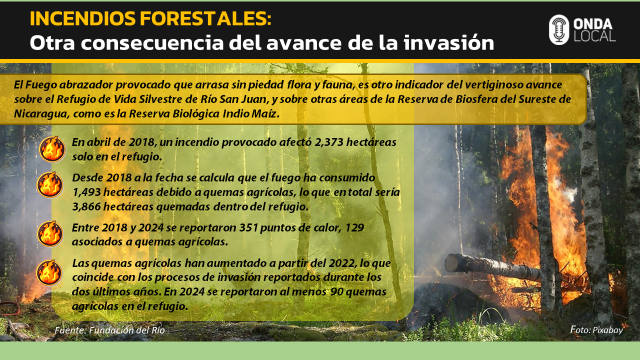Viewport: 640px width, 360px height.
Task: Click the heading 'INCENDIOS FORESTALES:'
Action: (150, 18)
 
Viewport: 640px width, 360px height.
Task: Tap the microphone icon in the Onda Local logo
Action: (559, 29)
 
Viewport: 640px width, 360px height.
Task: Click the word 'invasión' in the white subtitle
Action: (448, 43)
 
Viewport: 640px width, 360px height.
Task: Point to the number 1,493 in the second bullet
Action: (86, 192)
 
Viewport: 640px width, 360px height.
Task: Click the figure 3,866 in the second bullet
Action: (86, 207)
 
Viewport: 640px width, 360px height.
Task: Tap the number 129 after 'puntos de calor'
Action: (354, 227)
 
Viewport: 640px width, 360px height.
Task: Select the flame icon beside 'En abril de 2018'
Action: (52, 149)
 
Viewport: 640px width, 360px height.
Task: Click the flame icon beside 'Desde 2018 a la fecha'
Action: (49, 185)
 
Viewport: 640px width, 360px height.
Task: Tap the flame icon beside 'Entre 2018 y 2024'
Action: (50, 233)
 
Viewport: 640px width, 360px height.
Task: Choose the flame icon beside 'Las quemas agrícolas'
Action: (49, 272)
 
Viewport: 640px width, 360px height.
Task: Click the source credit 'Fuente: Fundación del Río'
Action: (109, 330)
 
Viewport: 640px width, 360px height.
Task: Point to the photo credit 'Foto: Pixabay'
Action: (596, 330)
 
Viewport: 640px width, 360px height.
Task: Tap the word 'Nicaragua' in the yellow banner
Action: (40, 113)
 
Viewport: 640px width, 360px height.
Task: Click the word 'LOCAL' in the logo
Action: (594, 36)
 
